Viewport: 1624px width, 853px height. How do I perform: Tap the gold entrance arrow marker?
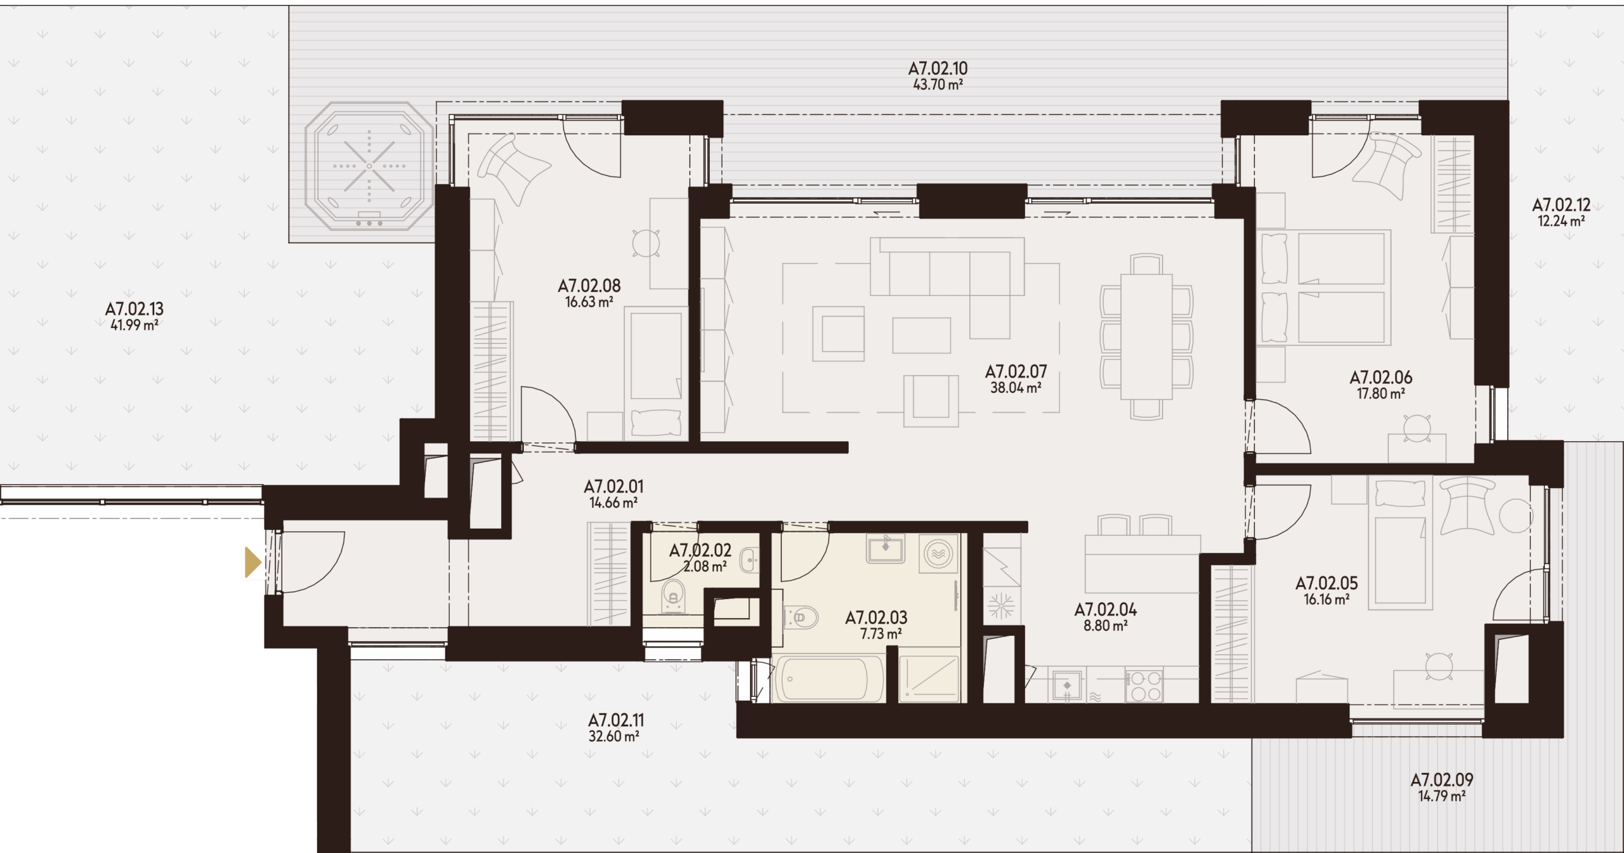point(253,562)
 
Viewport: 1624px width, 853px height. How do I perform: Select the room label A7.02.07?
point(1016,371)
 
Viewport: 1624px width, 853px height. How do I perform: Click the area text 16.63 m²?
point(589,302)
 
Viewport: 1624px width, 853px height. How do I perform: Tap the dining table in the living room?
point(1146,336)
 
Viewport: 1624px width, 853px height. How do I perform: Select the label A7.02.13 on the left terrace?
point(134,309)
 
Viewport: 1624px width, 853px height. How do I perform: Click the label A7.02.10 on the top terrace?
point(938,69)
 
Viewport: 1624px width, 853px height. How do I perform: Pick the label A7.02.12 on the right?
point(1561,205)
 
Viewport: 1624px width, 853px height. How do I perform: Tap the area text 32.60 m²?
point(613,736)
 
